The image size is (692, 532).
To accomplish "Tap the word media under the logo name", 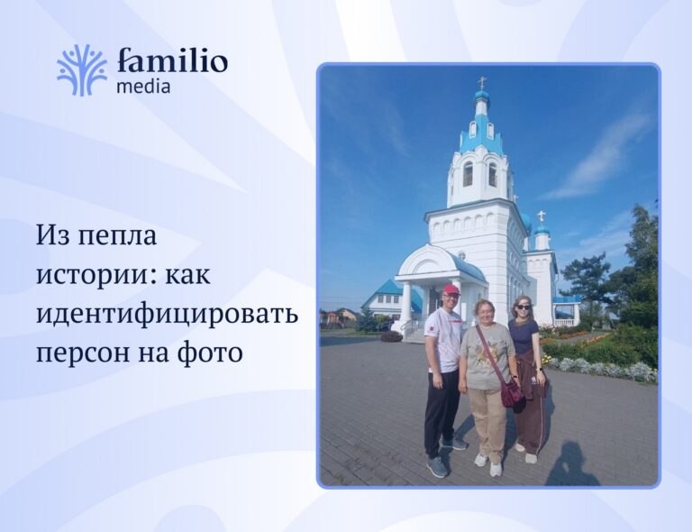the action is click(143, 86).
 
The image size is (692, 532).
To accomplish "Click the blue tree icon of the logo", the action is click(82, 70).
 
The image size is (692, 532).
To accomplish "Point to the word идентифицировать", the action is click(168, 314).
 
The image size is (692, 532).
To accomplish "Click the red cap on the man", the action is click(451, 289).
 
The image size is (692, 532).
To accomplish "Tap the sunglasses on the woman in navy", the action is click(523, 307).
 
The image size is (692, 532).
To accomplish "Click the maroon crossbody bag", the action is click(511, 392).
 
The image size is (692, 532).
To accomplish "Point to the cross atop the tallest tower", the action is click(482, 82).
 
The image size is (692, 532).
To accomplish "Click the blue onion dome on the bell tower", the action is click(481, 96).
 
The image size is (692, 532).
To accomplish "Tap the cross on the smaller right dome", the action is click(542, 216).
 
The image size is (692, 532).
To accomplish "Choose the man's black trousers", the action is click(441, 413).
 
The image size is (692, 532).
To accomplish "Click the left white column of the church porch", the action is click(406, 304).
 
